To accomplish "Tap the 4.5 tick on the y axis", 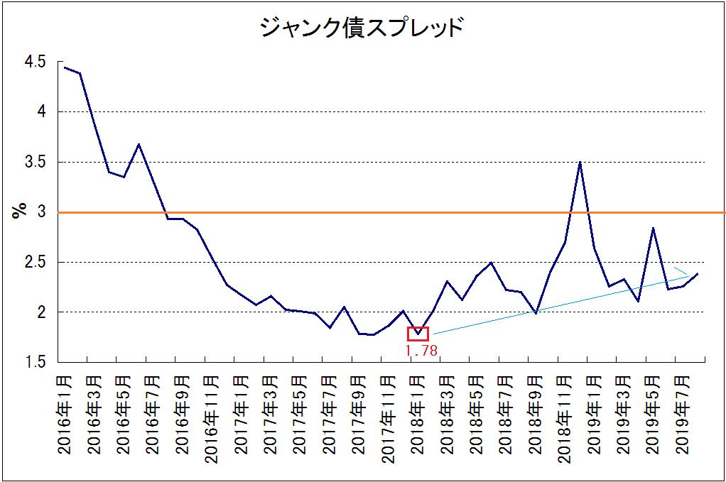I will pyautogui.click(x=35, y=62).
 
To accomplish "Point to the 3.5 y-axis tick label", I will pyautogui.click(x=35, y=163).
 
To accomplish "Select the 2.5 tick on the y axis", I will pyautogui.click(x=35, y=263).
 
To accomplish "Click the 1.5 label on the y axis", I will pyautogui.click(x=35, y=363).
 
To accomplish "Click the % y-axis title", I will pyautogui.click(x=19, y=212).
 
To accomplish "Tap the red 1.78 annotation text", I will pyautogui.click(x=421, y=350).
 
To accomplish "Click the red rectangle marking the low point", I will pyautogui.click(x=418, y=334).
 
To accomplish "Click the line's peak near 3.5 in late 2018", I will pyautogui.click(x=580, y=163).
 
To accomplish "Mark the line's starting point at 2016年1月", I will pyautogui.click(x=65, y=67).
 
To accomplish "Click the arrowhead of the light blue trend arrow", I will pyautogui.click(x=687, y=275).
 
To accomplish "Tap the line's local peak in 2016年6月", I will pyautogui.click(x=139, y=145).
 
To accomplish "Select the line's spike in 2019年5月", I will pyautogui.click(x=653, y=229).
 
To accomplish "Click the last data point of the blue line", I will pyautogui.click(x=698, y=274).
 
